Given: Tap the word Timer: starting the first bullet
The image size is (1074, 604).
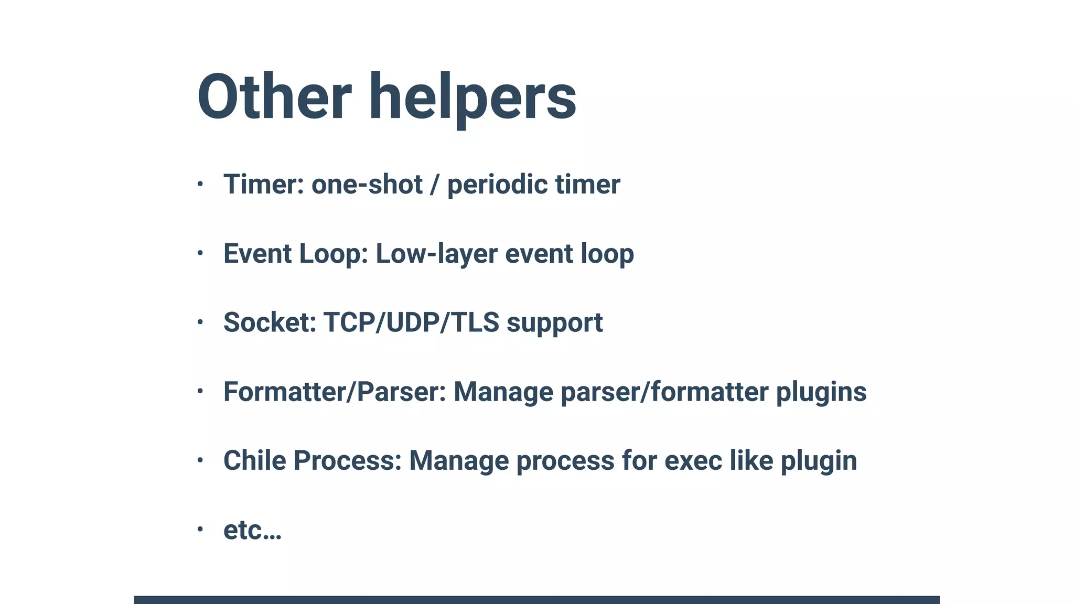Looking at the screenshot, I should [264, 184].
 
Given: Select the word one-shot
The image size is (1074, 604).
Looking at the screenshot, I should [367, 185].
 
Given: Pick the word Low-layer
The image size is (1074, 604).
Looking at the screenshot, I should [437, 254].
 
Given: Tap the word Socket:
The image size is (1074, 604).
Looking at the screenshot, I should [270, 322].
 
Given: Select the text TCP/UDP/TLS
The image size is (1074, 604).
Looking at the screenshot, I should [411, 322].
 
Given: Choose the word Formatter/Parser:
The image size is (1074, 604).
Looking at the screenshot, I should [335, 392].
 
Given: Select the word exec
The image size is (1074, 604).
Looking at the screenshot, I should [693, 460].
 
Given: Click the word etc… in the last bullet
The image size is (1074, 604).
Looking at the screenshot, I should [252, 530].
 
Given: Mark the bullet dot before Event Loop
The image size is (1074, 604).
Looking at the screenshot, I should [200, 253].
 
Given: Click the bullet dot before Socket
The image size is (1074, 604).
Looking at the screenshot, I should [200, 322].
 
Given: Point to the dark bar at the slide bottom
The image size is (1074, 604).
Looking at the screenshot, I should [536, 599].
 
